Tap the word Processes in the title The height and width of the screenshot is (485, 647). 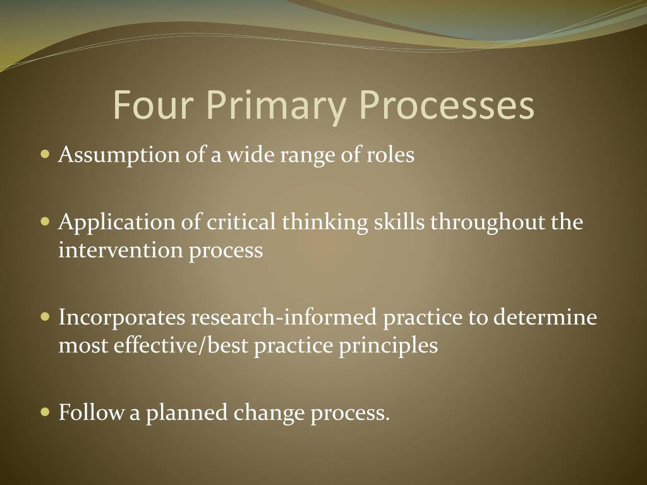click(x=447, y=105)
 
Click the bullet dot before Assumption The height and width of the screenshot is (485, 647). click(x=44, y=154)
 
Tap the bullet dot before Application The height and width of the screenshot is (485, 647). click(x=44, y=222)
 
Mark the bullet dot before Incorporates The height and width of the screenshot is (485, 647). click(x=44, y=316)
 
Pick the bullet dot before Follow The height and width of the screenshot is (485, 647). click(x=44, y=412)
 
